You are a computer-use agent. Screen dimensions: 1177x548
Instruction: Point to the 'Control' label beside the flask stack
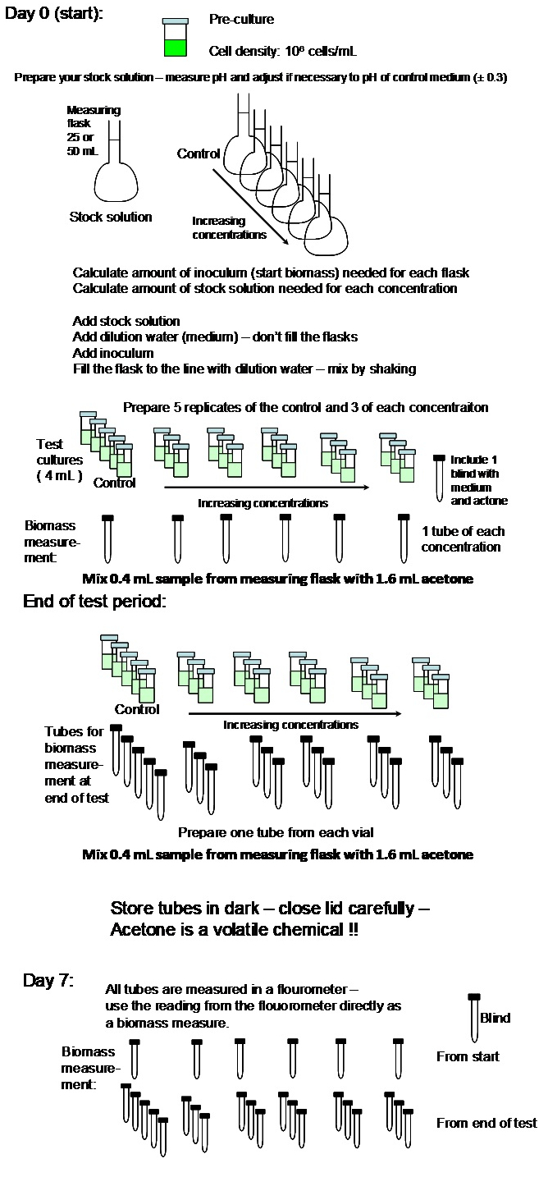click(x=199, y=153)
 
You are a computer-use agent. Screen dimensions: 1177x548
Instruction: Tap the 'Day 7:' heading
click(x=48, y=982)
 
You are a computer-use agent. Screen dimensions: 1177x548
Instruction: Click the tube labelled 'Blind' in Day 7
click(x=474, y=1018)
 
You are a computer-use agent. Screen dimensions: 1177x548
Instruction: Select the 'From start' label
click(x=468, y=1056)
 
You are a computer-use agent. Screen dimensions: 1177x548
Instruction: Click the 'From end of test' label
click(x=486, y=1123)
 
